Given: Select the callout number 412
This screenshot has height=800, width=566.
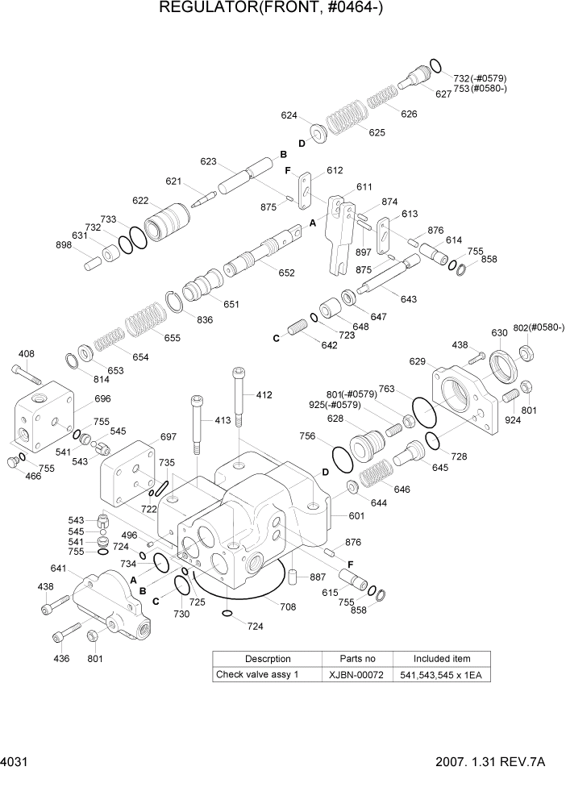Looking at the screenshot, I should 264,395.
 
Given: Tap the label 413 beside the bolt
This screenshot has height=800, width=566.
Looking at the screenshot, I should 223,420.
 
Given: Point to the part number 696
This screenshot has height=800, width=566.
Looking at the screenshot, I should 102,398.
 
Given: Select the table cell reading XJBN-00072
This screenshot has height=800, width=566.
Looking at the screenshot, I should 356,674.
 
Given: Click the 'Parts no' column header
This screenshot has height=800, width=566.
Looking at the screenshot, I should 356,658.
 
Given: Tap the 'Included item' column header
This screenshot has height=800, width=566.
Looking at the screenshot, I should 441,658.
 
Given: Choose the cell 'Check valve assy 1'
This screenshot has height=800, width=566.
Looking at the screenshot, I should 257,674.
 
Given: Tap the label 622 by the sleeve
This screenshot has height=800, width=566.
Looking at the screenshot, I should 140,201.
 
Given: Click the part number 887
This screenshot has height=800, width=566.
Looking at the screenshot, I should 318,577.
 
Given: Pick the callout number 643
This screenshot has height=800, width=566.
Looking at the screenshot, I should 408,299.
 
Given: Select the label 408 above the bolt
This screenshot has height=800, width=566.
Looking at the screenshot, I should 26,353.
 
